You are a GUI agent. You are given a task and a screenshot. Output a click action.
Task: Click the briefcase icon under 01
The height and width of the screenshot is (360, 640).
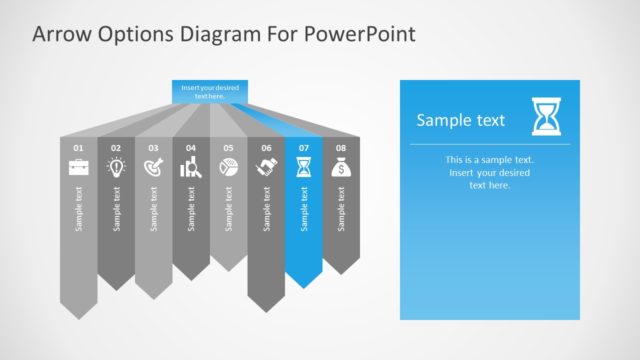coord(78,168)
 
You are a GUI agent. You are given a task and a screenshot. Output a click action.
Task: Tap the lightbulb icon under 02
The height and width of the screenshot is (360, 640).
coord(116,168)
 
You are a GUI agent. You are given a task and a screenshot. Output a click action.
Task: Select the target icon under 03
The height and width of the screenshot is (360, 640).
coord(153,168)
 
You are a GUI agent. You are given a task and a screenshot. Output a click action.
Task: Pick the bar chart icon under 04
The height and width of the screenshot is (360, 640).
coord(190,168)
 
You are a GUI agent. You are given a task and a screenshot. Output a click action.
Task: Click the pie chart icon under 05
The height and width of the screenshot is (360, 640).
coord(228,168)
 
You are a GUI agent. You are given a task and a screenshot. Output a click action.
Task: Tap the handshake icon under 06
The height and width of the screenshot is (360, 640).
coord(266,168)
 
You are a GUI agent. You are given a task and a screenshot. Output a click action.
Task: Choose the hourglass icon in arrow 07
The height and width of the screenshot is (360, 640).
coord(303,168)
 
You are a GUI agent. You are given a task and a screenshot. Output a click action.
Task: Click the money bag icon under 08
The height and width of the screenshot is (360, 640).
coord(341,168)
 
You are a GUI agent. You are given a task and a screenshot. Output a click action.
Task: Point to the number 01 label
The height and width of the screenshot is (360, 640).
coord(78,148)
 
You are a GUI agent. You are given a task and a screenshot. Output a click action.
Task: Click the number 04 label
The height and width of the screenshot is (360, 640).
coord(190,148)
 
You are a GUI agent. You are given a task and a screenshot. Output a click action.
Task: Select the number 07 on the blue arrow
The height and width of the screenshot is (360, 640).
coord(303,148)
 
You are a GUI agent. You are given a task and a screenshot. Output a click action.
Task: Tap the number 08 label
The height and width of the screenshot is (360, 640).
coord(341,148)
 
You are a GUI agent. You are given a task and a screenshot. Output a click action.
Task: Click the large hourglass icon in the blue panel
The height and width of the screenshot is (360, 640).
coord(547,117)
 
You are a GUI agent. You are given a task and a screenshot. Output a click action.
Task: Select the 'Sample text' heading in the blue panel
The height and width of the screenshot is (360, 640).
coord(460,121)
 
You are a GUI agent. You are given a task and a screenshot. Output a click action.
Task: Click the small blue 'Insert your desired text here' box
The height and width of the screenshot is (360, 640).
coord(209,91)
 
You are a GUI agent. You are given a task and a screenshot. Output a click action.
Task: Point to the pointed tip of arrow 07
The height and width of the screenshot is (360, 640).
coord(304,286)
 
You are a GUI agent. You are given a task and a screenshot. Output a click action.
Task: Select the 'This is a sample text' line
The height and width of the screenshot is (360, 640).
coord(490,160)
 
